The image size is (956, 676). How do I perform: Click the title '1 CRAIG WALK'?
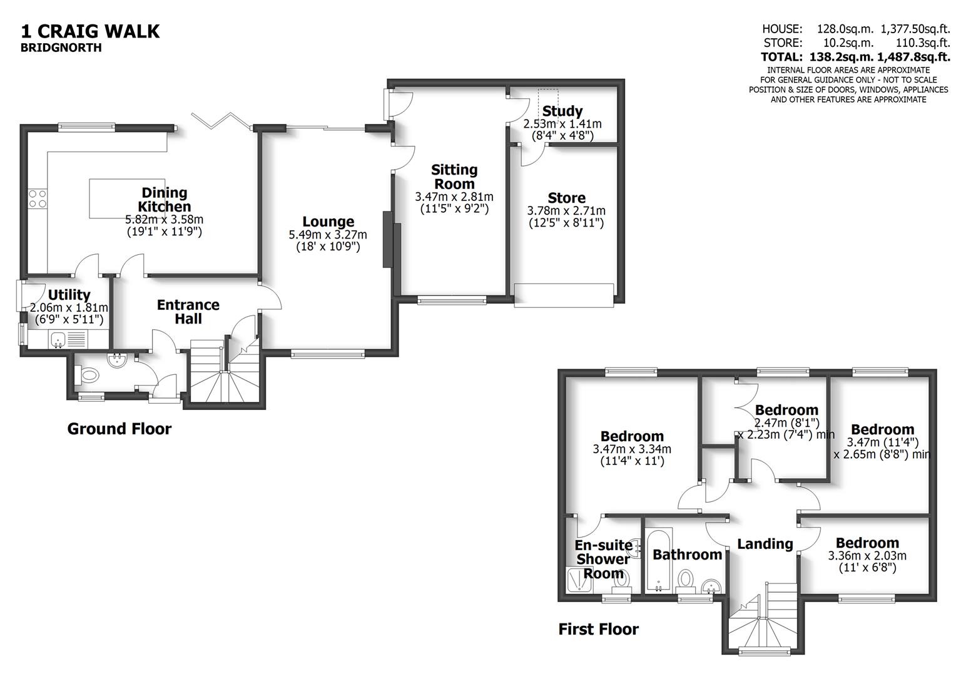[x=91, y=31]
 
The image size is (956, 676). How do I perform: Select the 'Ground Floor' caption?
[x=119, y=429]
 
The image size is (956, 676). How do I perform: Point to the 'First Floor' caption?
[x=598, y=629]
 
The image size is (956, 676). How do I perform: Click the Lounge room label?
[x=328, y=222]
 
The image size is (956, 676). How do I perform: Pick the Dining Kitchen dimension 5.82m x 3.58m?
[x=164, y=220]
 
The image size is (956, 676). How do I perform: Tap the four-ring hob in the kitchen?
[x=38, y=199]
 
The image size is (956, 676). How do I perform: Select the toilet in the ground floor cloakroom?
[x=90, y=376]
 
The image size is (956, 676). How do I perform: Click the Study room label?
[x=562, y=111]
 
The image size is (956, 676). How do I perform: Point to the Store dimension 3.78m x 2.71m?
[x=566, y=211]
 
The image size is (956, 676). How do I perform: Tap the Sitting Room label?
[x=454, y=177]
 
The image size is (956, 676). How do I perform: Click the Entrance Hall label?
[x=188, y=312]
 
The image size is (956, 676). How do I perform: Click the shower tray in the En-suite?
[x=578, y=580]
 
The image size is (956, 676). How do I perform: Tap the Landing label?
[x=765, y=544]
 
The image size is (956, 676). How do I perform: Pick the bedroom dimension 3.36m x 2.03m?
[x=867, y=556]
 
